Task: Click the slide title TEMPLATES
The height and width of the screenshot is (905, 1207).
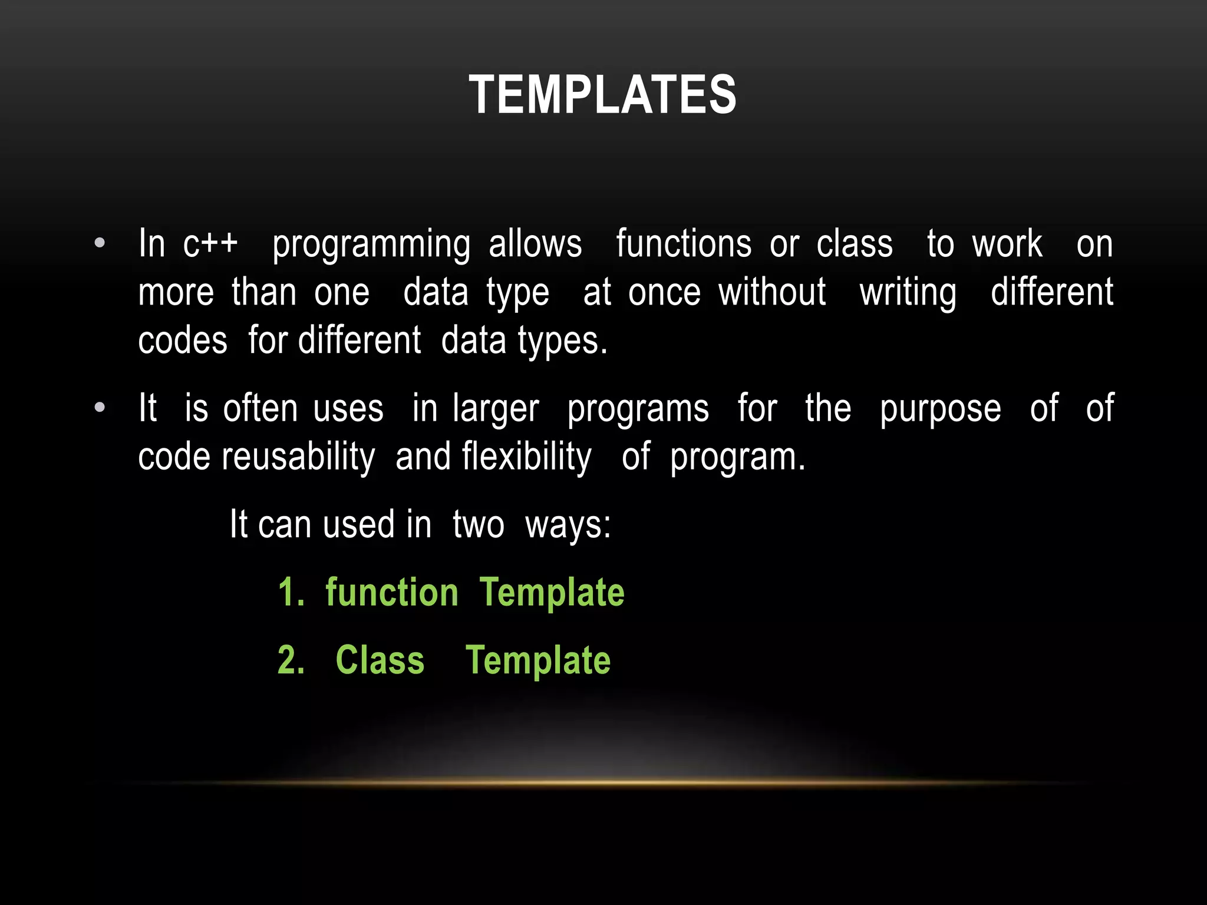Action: click(602, 95)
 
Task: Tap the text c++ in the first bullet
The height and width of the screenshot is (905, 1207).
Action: click(210, 243)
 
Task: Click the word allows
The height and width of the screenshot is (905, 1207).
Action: click(535, 243)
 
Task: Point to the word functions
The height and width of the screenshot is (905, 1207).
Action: click(684, 243)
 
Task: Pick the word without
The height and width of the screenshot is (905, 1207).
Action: click(772, 292)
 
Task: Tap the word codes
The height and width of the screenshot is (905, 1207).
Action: click(183, 341)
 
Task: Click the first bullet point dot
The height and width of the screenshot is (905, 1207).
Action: click(100, 243)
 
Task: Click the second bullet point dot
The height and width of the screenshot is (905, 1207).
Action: click(100, 407)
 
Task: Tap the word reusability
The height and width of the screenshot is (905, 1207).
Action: click(298, 457)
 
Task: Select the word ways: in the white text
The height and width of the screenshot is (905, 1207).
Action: click(568, 524)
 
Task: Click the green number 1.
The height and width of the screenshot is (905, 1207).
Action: click(290, 592)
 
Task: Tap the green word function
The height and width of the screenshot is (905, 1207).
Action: click(392, 592)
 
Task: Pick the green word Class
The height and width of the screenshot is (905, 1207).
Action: click(380, 660)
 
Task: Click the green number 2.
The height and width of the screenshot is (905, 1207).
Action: click(290, 660)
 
